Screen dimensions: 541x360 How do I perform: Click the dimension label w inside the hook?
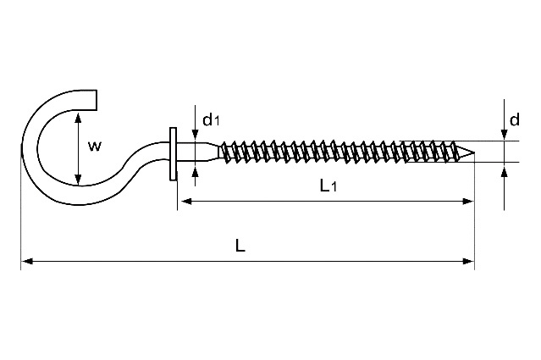click(x=95, y=147)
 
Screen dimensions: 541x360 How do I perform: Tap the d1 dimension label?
click(x=211, y=119)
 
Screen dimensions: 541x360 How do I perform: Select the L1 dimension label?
click(x=328, y=186)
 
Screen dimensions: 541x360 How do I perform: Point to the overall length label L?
click(x=240, y=246)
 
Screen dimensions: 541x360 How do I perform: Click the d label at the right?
click(x=515, y=119)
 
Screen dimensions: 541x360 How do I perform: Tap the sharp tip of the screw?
click(x=475, y=152)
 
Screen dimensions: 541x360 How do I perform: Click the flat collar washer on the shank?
click(x=173, y=154)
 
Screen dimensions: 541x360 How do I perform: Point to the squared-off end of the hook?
click(x=96, y=100)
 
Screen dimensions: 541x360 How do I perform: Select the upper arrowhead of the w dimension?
click(x=79, y=118)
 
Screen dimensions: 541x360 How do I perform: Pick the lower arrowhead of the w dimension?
click(x=79, y=180)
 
